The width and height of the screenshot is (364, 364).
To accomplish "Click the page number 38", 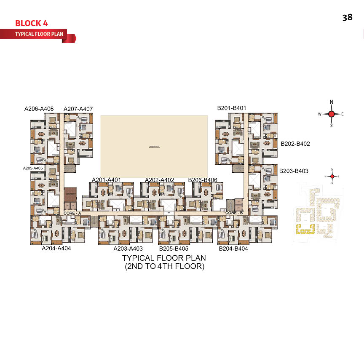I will [347, 18].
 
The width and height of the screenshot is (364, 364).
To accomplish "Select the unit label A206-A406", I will [39, 109].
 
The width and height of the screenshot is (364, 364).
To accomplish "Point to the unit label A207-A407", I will [78, 110].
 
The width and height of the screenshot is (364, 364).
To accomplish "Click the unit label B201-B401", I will [232, 108].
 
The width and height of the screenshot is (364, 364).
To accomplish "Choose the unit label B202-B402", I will [295, 144].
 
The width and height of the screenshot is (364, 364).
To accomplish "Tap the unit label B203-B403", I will [294, 171].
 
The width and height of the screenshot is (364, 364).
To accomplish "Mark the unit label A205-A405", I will [33, 168].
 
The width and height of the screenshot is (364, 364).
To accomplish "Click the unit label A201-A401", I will [106, 180].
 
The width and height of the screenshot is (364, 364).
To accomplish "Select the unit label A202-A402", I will [160, 180].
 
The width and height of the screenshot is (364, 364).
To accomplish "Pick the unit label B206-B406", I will [203, 180].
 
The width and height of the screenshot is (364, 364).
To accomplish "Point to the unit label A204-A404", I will [56, 249].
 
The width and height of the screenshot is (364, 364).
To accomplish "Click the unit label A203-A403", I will [128, 249].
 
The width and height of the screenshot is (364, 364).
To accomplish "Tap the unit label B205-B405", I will [174, 249].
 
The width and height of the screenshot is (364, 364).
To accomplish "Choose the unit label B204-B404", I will [233, 249].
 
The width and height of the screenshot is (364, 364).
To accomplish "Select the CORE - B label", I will [234, 213].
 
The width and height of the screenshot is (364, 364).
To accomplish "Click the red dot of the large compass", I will [332, 114].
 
